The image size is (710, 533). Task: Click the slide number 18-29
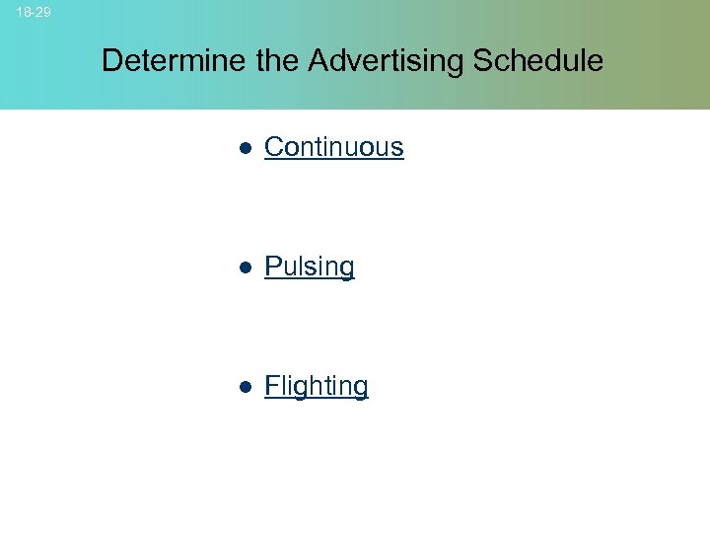[x=34, y=12]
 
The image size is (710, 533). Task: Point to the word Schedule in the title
[x=537, y=61]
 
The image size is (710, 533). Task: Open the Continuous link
[x=334, y=147]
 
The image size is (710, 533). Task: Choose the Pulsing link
[x=310, y=266]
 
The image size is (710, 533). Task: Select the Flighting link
[x=317, y=386]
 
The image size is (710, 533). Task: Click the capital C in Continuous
[x=274, y=147]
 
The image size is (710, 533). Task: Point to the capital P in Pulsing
[x=273, y=266]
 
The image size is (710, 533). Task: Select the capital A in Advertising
[x=319, y=61]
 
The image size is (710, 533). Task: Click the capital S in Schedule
[x=483, y=61]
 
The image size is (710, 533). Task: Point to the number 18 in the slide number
[x=24, y=12]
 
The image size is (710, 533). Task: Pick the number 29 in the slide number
[x=43, y=12]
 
